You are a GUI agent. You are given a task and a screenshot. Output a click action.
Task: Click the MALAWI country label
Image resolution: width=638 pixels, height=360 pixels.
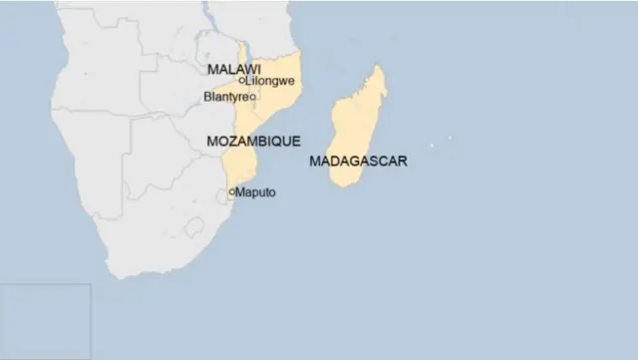pos(227,69)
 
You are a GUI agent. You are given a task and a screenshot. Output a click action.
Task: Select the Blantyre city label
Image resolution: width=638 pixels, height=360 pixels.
pos(224,97)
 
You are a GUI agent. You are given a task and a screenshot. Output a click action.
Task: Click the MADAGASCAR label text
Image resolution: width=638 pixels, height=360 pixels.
pos(358,161)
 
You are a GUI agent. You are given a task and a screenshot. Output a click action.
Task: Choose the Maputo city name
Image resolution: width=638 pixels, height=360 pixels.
pos(255,191)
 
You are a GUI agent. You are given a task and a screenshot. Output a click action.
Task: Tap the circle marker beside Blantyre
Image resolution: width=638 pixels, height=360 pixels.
pos(252,97)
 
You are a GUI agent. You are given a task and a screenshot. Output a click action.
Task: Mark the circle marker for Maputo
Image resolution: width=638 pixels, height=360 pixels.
pos(231,191)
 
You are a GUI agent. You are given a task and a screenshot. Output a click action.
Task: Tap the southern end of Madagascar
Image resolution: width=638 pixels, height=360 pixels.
pos(343,184)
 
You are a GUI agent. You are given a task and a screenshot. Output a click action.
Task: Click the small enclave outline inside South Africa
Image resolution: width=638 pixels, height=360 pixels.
pos(193,227)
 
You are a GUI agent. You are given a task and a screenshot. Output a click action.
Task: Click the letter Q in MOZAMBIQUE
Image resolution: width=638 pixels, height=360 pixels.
pos(279,142)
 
